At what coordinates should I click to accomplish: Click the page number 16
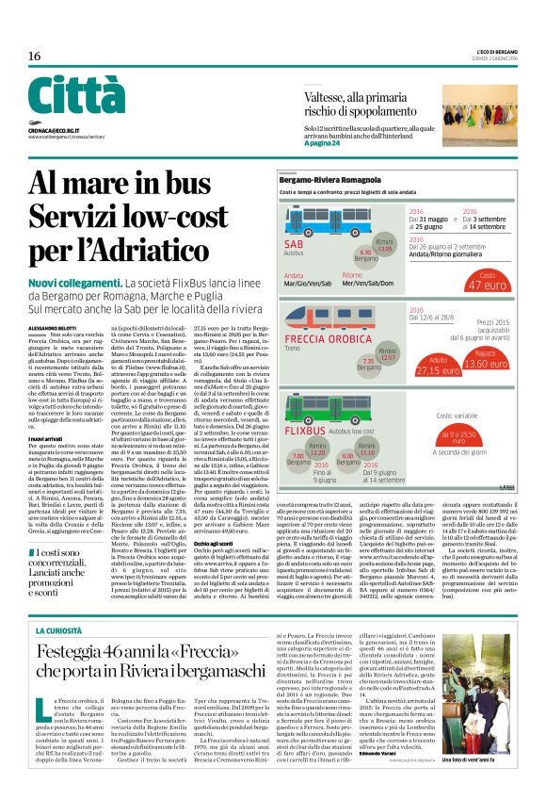34,56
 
